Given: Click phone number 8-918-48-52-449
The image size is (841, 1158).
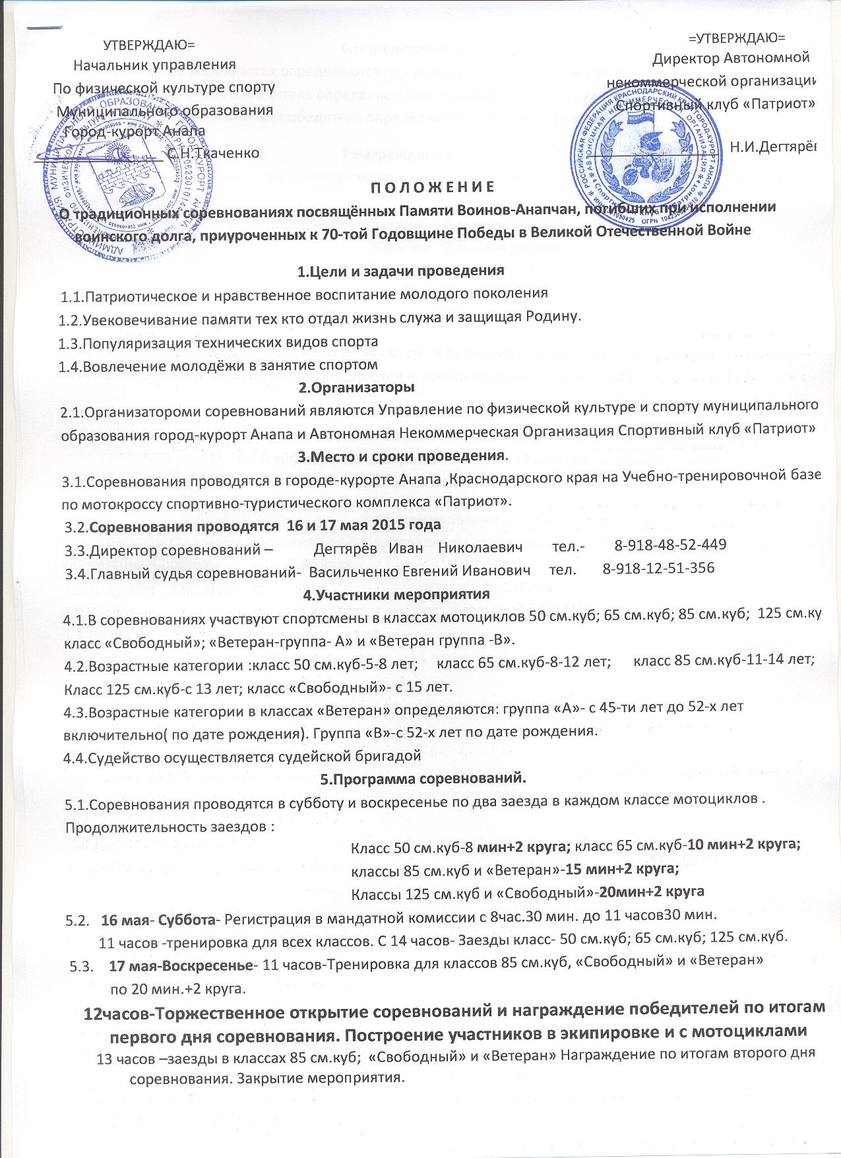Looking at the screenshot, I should (x=670, y=545).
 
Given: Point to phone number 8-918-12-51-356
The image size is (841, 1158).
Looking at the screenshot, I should (x=659, y=568).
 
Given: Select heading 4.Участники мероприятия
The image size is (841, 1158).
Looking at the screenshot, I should (x=396, y=594).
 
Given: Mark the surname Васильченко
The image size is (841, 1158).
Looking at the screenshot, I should (x=352, y=569).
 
